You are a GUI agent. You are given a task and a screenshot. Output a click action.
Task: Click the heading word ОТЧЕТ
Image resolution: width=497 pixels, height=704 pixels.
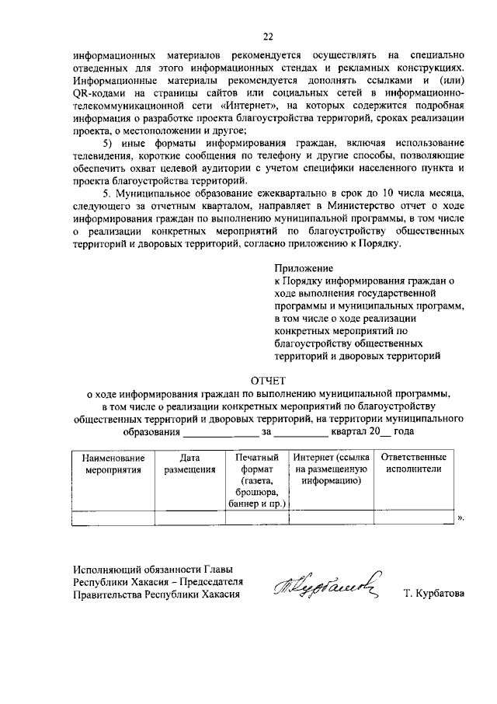click(x=268, y=381)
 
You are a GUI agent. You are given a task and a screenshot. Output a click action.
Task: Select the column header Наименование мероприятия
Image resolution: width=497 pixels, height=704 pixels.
click(x=113, y=464)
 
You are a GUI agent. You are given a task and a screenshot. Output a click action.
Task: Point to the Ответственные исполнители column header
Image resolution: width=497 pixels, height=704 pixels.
click(x=413, y=464)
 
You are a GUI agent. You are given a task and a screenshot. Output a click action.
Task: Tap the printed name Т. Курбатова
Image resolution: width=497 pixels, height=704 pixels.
click(x=433, y=594)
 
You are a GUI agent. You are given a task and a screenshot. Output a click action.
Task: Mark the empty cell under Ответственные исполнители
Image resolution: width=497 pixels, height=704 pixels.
click(x=413, y=518)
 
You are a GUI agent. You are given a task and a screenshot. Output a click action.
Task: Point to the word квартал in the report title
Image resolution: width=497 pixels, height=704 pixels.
click(x=346, y=431)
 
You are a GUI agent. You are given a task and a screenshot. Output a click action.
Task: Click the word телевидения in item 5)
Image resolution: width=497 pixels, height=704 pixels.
click(x=106, y=156)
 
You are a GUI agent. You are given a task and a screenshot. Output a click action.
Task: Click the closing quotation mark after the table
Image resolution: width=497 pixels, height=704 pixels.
click(x=461, y=517)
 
